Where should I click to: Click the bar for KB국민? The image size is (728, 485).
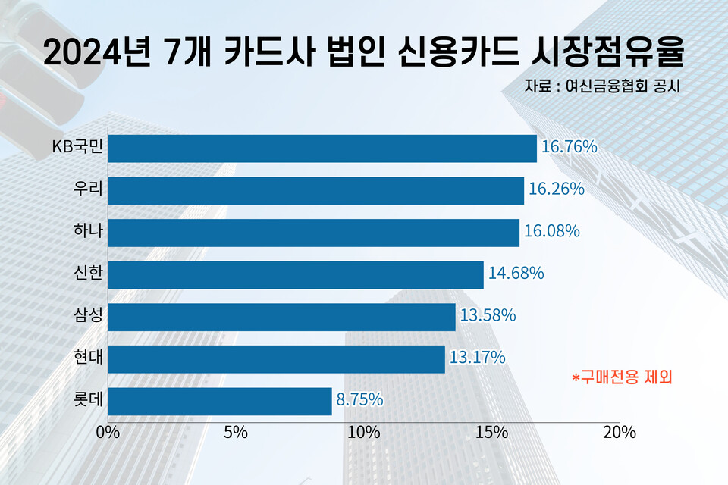(x=322, y=149)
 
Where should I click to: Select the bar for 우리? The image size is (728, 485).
(x=315, y=190)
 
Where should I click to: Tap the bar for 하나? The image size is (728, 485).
(x=313, y=233)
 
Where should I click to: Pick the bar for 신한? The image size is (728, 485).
(x=296, y=275)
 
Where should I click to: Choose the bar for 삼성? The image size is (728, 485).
(x=281, y=317)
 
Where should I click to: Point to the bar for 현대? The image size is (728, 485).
(x=276, y=359)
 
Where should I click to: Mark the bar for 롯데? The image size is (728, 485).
(x=220, y=401)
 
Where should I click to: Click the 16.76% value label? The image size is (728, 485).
(x=570, y=147)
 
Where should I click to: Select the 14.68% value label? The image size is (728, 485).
(x=516, y=273)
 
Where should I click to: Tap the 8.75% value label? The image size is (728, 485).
(x=359, y=399)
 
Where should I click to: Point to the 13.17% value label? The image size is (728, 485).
(x=478, y=357)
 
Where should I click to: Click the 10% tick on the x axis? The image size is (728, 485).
(x=364, y=433)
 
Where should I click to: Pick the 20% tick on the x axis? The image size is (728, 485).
(x=619, y=433)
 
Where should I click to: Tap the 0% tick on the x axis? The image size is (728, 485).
(x=108, y=433)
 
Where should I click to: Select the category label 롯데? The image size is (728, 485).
(x=88, y=399)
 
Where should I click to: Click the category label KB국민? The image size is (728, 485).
(x=77, y=147)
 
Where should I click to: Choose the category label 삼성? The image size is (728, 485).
(x=88, y=315)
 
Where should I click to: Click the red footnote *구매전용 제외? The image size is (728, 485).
(x=622, y=376)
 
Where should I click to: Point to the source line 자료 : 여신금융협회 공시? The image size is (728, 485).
(x=601, y=86)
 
